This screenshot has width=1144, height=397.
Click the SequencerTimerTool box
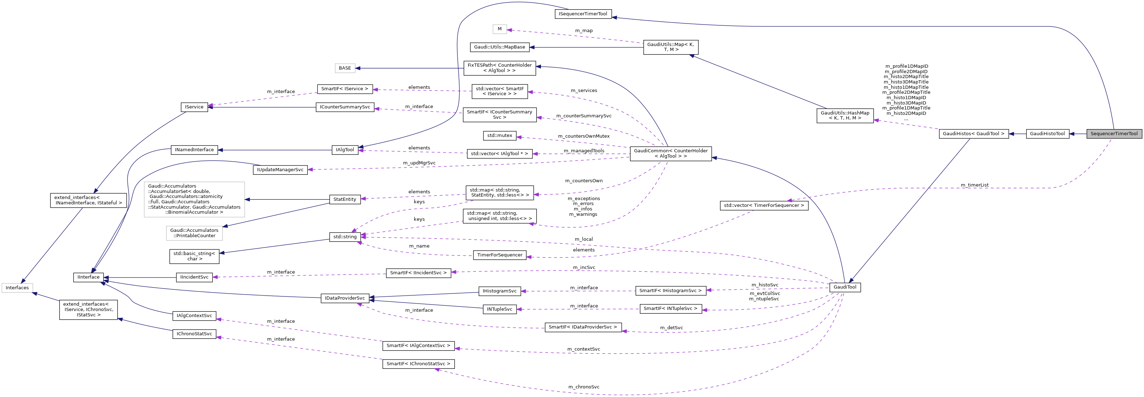(1114, 133)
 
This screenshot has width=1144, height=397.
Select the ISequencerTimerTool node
(583, 14)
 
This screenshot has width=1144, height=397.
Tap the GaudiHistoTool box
(1047, 133)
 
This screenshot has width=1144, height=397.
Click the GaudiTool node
(845, 287)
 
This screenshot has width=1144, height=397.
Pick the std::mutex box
(500, 135)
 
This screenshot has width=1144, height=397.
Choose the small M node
(500, 29)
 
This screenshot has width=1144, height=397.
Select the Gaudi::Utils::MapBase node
(499, 47)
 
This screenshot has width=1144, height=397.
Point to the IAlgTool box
(345, 149)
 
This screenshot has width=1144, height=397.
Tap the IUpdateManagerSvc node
(280, 169)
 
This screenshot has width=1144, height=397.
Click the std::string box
(345, 236)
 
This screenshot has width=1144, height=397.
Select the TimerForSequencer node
(500, 255)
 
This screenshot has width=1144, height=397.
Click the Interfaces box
(17, 287)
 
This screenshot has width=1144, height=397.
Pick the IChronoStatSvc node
(194, 334)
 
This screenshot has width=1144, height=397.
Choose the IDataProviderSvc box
(345, 298)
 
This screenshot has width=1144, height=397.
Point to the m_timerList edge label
(974, 185)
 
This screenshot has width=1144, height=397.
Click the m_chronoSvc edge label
(583, 387)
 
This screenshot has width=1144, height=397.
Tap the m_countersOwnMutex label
(583, 136)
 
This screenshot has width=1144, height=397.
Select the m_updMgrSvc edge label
(419, 163)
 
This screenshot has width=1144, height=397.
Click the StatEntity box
(345, 199)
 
